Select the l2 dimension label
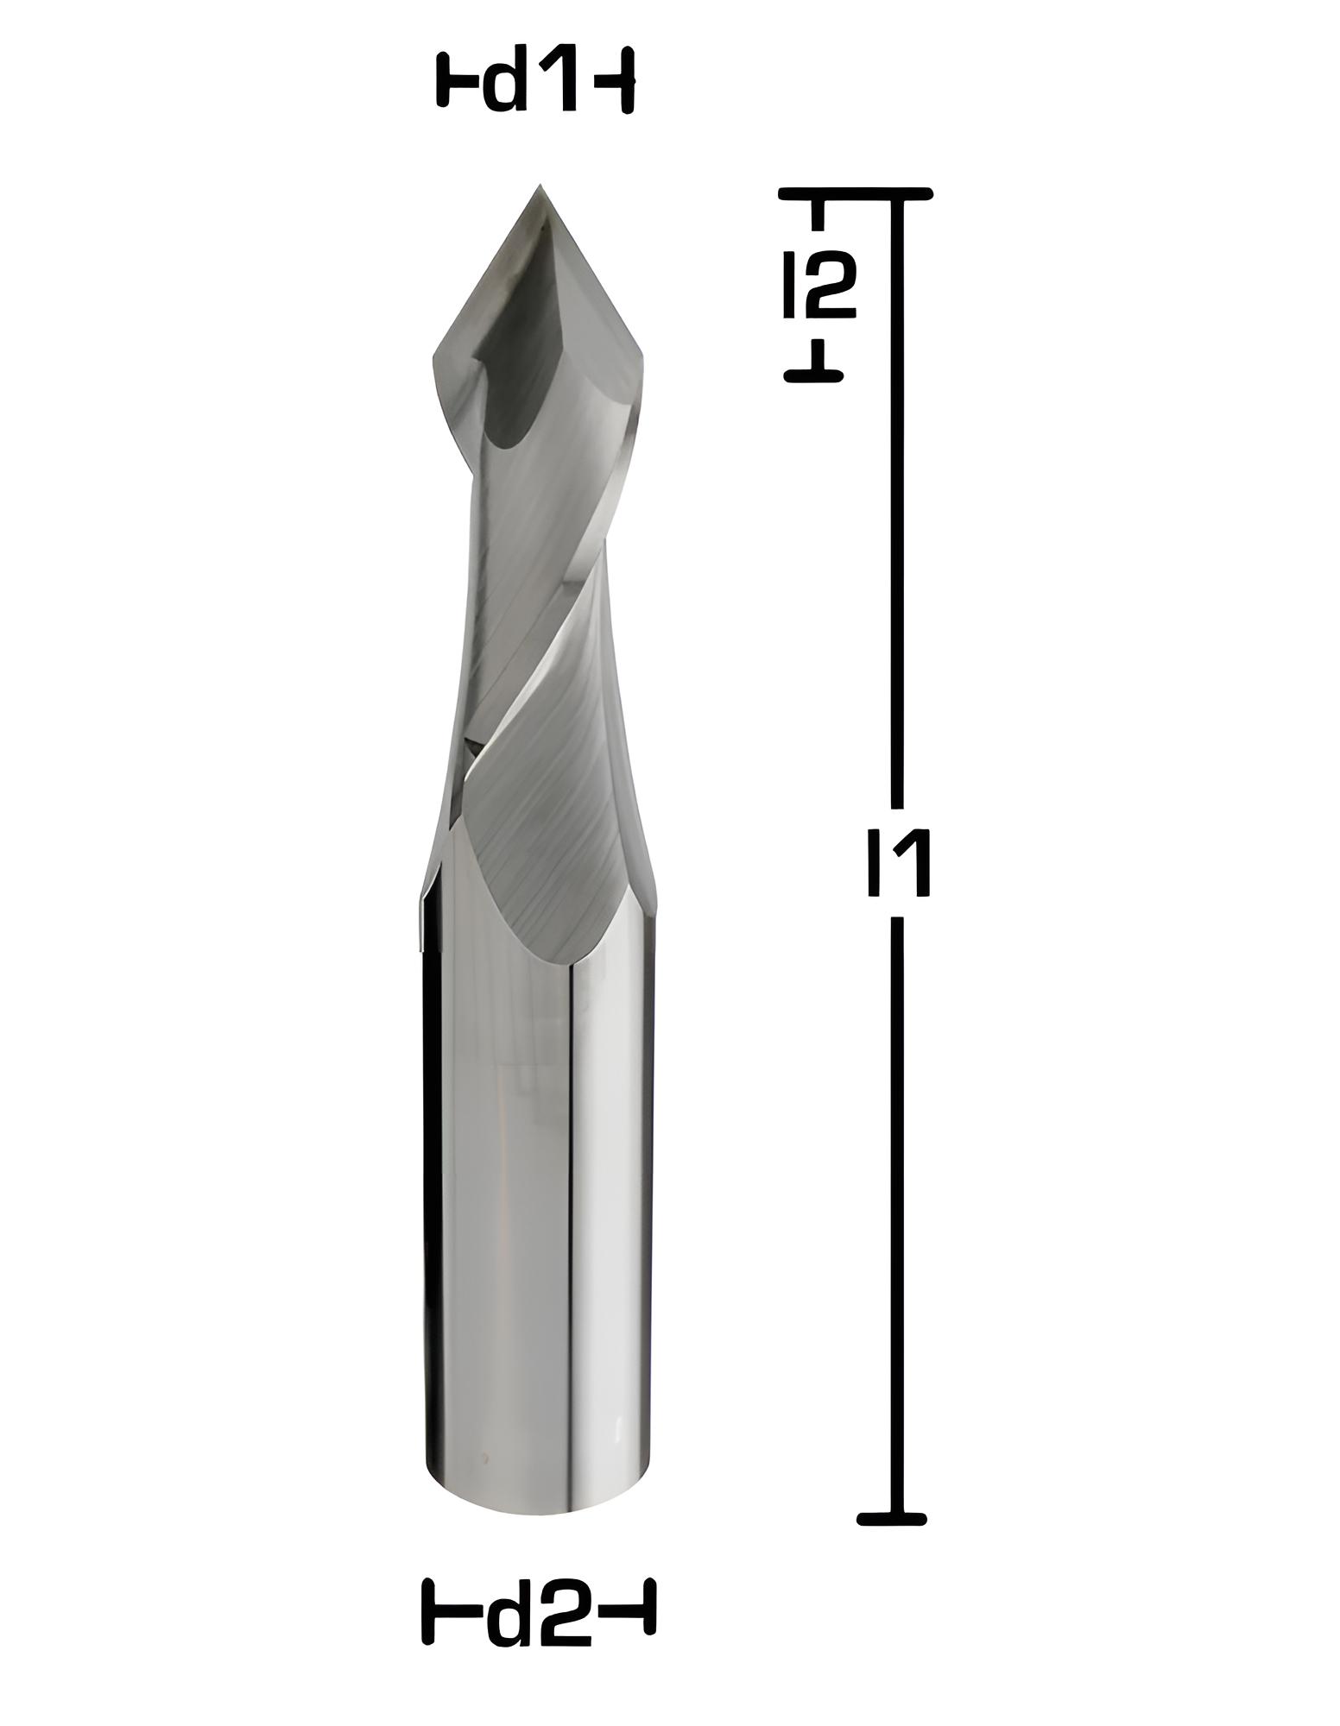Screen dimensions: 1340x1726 [819, 286]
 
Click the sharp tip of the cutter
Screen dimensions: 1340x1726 [540, 185]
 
